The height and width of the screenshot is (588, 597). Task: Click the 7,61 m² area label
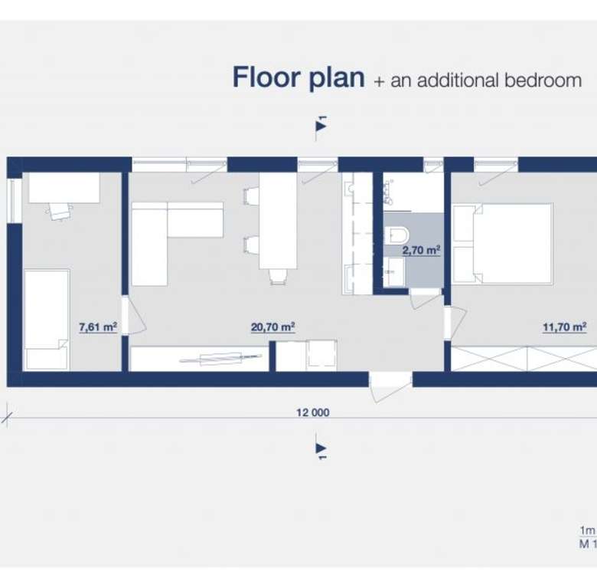[x=98, y=327]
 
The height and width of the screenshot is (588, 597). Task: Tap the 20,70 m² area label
[x=273, y=327]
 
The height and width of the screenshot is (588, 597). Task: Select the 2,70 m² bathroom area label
[x=422, y=250]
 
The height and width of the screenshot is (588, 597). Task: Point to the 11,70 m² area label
[x=565, y=327]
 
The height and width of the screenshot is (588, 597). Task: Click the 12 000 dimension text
[x=313, y=412]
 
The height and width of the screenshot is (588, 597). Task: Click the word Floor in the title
[x=266, y=77]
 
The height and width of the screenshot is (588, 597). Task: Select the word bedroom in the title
[x=543, y=80]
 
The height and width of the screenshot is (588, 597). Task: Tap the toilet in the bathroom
[x=396, y=235]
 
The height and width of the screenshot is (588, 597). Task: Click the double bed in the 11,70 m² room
[x=503, y=244]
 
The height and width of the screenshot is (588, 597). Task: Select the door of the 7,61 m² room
[x=133, y=315]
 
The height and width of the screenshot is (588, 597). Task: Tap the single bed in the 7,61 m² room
[x=47, y=320]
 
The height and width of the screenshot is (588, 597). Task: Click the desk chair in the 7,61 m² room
[x=60, y=212]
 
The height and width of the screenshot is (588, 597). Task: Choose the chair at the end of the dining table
[x=279, y=277]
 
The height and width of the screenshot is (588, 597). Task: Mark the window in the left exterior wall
[x=15, y=201]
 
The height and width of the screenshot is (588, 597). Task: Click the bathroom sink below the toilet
[x=393, y=271]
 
